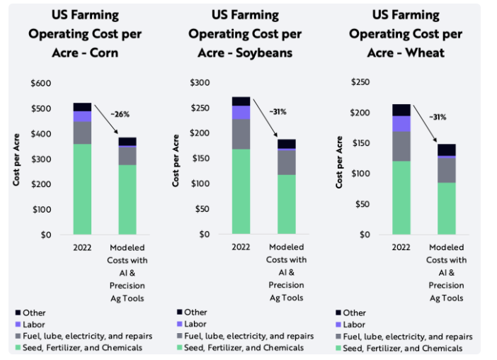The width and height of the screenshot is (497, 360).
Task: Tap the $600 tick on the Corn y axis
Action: pos(41,84)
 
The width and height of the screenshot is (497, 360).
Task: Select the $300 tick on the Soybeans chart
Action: pos(202,83)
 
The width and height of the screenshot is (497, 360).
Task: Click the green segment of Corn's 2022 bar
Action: pos(82,189)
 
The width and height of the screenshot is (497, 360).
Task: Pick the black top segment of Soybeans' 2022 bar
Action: pos(241,101)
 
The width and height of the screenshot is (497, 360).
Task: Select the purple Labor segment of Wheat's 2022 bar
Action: pos(401,124)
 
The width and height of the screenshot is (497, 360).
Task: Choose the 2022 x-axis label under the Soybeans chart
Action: pos(241,247)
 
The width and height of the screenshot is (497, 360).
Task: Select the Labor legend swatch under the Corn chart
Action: pos(18,324)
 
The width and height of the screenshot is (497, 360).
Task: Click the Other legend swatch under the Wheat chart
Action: pos(338,313)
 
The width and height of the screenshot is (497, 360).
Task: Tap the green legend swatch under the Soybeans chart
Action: pos(178,347)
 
